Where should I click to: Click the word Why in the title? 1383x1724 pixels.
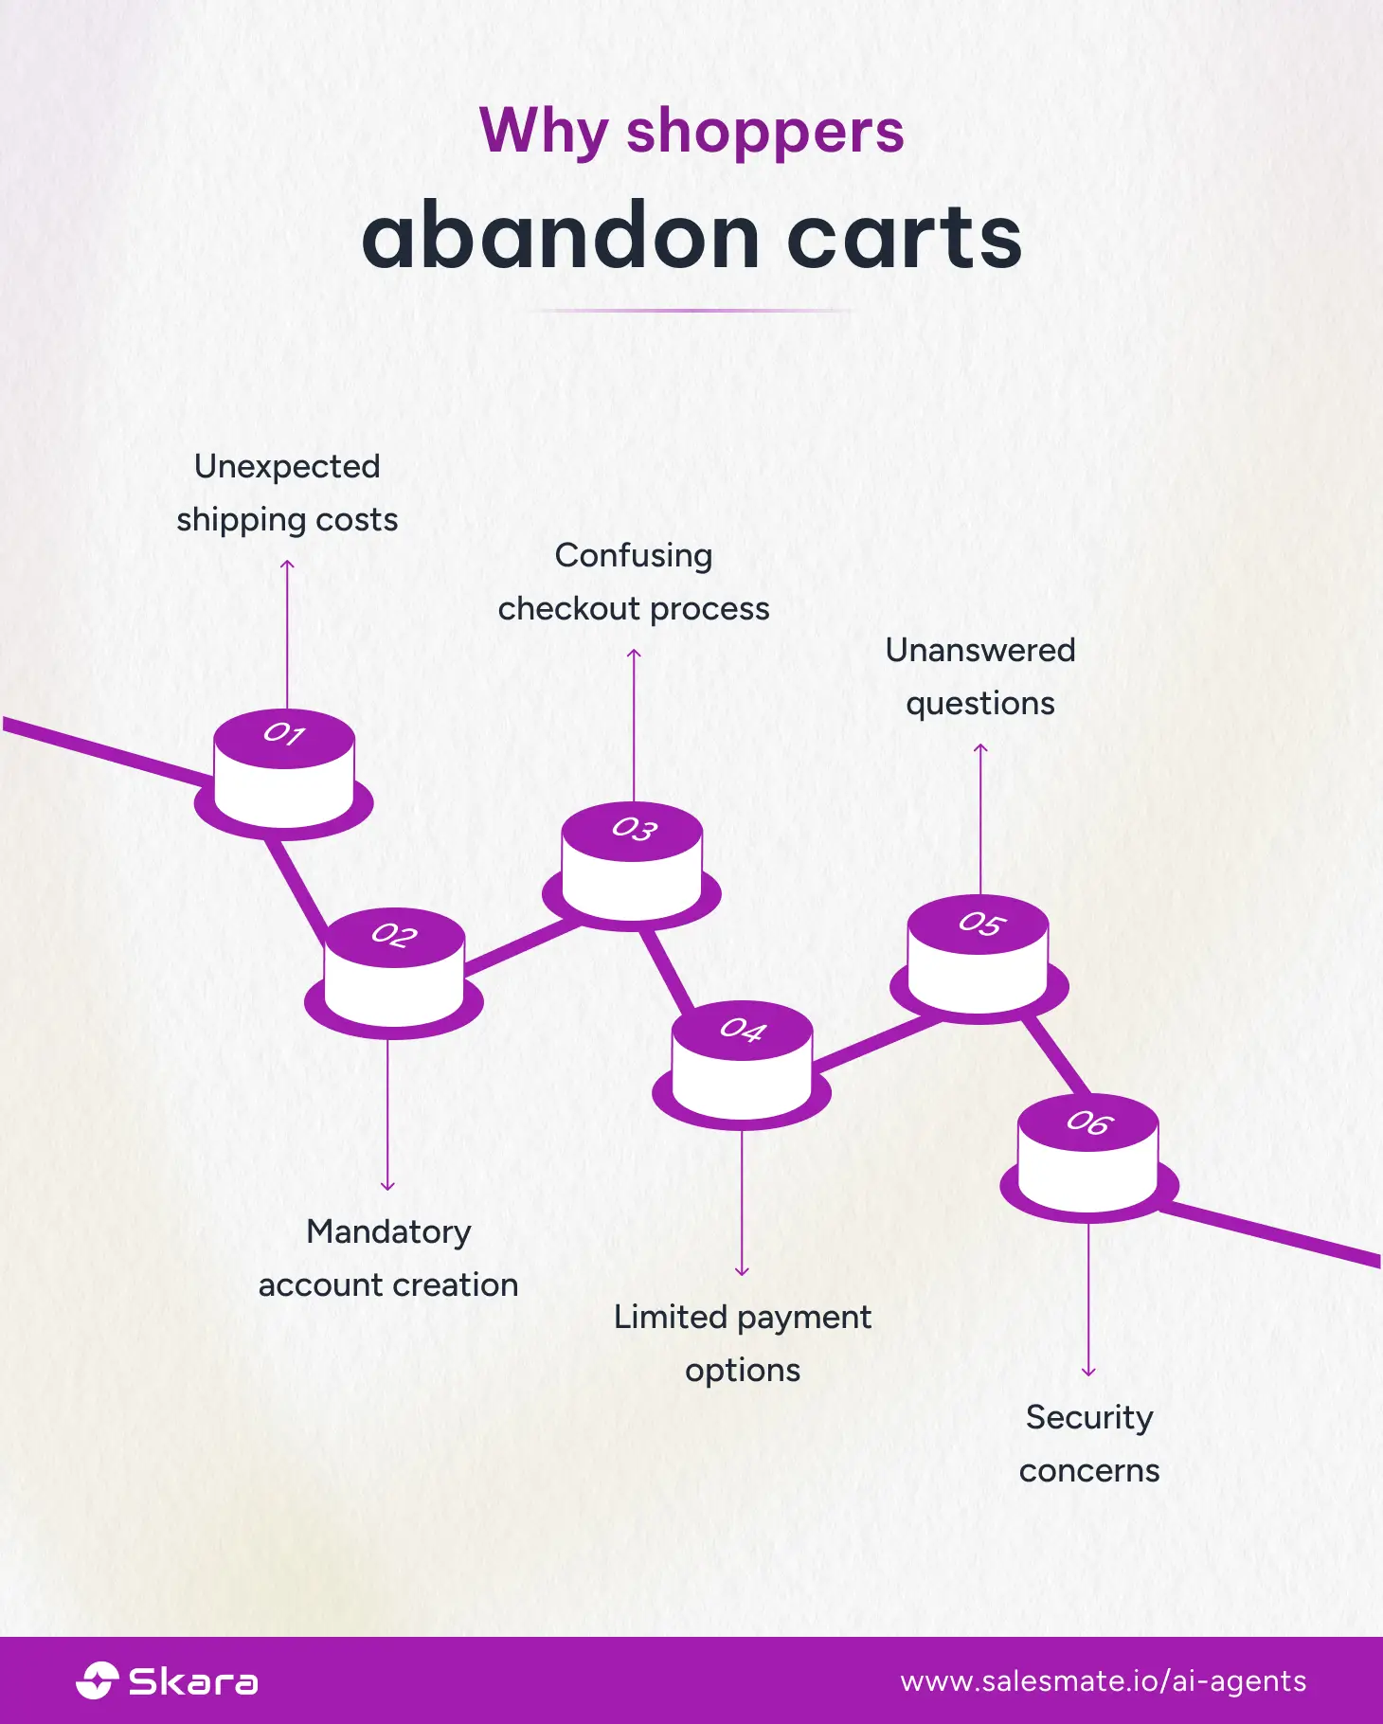click(544, 131)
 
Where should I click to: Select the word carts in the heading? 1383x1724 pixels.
click(904, 236)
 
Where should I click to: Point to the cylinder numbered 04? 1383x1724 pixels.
click(742, 1062)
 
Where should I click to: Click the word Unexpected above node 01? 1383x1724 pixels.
click(287, 466)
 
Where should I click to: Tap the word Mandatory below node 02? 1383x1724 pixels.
click(388, 1231)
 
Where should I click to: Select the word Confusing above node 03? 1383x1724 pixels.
click(633, 555)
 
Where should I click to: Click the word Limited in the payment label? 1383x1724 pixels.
click(670, 1317)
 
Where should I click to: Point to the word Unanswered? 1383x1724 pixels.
click(979, 650)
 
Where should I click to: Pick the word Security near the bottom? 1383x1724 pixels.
click(1088, 1417)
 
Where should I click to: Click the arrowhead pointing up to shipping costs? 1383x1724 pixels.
click(287, 565)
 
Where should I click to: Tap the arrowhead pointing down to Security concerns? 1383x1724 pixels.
click(1088, 1371)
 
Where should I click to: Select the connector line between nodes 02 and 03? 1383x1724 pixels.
click(521, 946)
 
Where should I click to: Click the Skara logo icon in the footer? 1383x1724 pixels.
click(97, 1680)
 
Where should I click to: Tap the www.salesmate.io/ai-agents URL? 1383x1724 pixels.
click(1103, 1681)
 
